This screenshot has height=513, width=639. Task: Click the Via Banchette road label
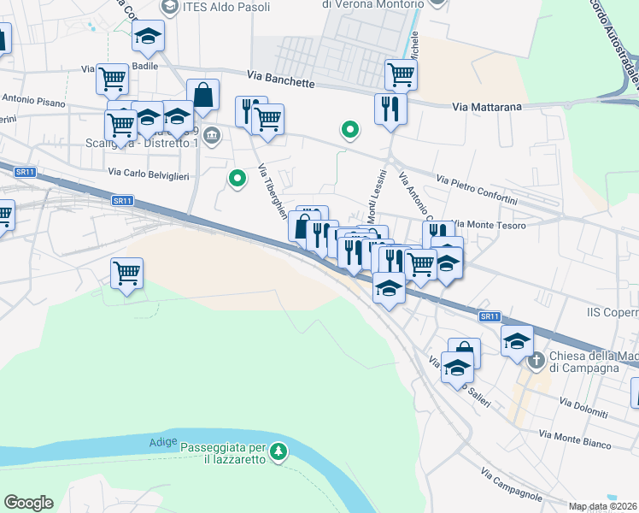click(282, 80)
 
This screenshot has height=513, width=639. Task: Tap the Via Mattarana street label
click(486, 107)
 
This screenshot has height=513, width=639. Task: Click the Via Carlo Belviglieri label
click(148, 173)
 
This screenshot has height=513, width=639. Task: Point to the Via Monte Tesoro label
click(490, 224)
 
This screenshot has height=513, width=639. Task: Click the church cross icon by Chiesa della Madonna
click(536, 360)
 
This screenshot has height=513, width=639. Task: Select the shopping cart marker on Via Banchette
click(401, 74)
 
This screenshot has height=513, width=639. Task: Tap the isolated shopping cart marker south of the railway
click(126, 274)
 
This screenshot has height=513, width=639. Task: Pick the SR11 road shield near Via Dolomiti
click(489, 316)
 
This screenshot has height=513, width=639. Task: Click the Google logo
click(29, 503)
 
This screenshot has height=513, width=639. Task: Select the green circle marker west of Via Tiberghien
click(237, 179)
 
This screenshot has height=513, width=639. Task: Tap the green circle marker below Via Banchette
click(349, 130)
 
